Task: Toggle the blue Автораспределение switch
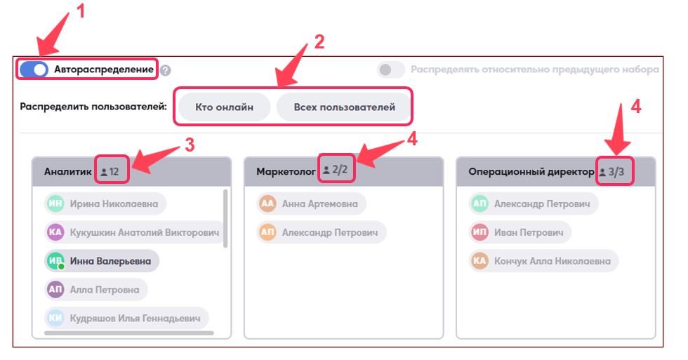point(34,69)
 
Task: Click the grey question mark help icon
point(166,71)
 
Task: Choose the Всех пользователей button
point(344,107)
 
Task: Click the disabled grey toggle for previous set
point(391,69)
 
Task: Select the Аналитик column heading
point(67,171)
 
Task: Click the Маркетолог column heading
point(286,171)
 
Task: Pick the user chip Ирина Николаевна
point(105,204)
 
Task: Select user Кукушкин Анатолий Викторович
point(134,232)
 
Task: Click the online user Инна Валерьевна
point(101,261)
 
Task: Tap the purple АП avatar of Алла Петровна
point(55,289)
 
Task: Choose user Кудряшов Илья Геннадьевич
point(126,318)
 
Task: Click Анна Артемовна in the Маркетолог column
point(311,204)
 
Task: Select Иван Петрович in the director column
point(520,232)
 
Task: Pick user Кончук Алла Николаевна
point(543,261)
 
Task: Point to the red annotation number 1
point(80,11)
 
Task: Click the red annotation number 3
point(190,145)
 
